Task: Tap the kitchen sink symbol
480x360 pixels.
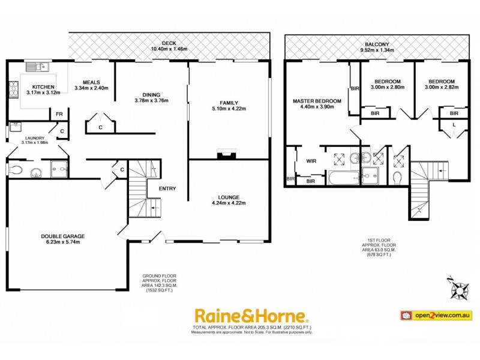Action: click(34, 66)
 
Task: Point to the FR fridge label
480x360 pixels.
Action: click(59, 114)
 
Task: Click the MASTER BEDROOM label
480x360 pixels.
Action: click(317, 101)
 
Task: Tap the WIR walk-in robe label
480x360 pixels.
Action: click(311, 161)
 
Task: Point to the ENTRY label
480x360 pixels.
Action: click(167, 189)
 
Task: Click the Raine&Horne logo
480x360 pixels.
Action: click(250, 315)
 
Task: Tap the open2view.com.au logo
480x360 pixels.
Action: click(437, 315)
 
